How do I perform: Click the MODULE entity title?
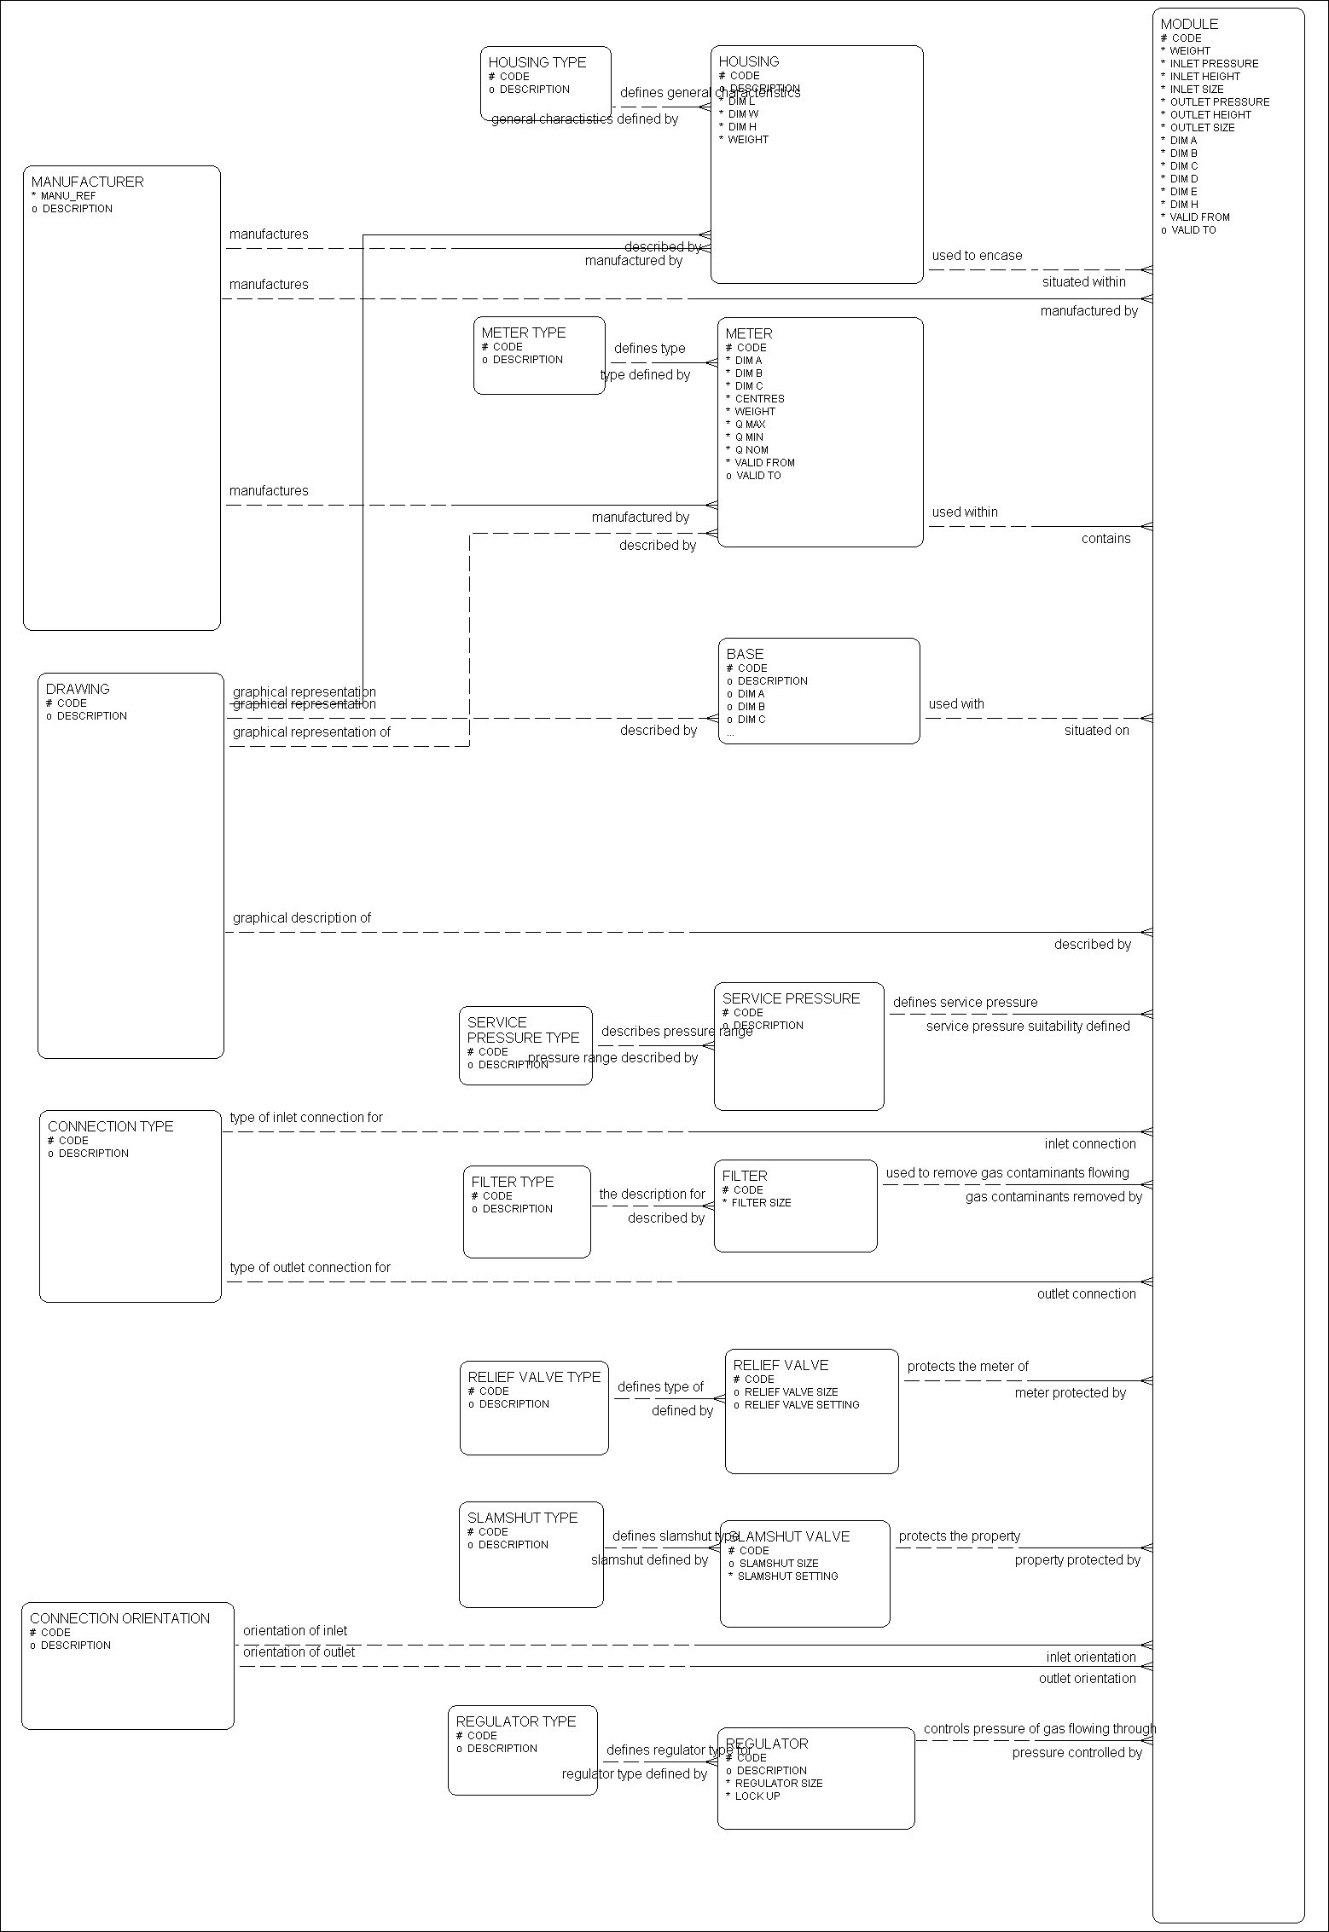[x=1189, y=24]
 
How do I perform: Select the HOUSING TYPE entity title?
[x=537, y=62]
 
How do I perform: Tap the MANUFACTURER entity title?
[x=87, y=182]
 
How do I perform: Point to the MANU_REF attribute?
[x=68, y=196]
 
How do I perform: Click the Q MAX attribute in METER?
[x=750, y=425]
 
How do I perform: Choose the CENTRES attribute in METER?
[x=759, y=399]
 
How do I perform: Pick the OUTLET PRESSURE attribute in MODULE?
[x=1219, y=102]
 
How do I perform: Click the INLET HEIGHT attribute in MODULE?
[x=1204, y=77]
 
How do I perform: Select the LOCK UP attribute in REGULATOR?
[x=757, y=1796]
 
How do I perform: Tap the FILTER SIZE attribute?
[x=761, y=1203]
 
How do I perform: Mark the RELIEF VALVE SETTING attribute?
[x=802, y=1405]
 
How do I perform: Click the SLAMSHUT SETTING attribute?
[x=787, y=1576]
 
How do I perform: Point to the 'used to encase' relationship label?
[x=977, y=256]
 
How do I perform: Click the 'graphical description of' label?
[x=302, y=918]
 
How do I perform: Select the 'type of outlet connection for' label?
[x=310, y=1268]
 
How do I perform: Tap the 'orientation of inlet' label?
[x=295, y=1631]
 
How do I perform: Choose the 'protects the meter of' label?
[x=967, y=1367]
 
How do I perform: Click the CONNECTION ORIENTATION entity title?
[x=119, y=1618]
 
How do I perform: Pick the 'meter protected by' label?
[x=1070, y=1393]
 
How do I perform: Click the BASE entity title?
[x=745, y=654]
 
